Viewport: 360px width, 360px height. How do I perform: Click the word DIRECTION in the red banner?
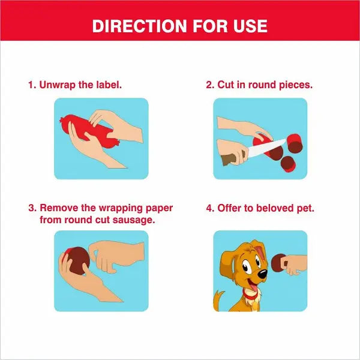[139, 26]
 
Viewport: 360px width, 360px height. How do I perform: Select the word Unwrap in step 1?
[57, 85]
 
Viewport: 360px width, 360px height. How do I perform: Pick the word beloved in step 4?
[275, 208]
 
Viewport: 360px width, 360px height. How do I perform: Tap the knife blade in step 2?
[266, 148]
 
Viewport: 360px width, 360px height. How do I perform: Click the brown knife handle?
[230, 158]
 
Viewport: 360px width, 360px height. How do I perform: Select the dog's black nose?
[262, 274]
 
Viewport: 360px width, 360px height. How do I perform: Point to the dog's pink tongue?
[253, 287]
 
